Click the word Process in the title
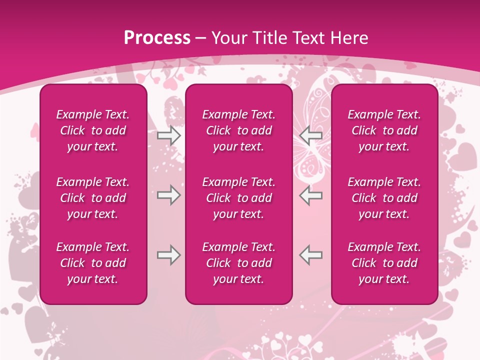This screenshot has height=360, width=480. coord(157,38)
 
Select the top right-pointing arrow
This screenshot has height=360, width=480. coord(169,135)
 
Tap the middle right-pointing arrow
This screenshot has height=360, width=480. coord(169,195)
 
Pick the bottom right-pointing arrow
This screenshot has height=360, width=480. coord(169,255)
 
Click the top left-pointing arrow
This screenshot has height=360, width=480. coord(310,135)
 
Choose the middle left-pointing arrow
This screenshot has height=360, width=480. coord(310,195)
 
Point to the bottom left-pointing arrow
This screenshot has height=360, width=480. coord(310,255)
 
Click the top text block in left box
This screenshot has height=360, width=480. coord(93,130)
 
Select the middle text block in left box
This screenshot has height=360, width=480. coord(93,198)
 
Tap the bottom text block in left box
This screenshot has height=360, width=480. coord(93,263)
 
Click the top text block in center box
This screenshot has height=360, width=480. coord(238,130)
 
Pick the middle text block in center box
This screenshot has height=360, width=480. coord(238,198)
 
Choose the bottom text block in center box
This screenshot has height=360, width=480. coord(238,263)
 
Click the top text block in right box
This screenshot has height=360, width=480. coord(384,130)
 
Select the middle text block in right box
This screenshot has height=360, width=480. coord(384,198)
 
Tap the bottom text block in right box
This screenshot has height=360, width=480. coord(384,263)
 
